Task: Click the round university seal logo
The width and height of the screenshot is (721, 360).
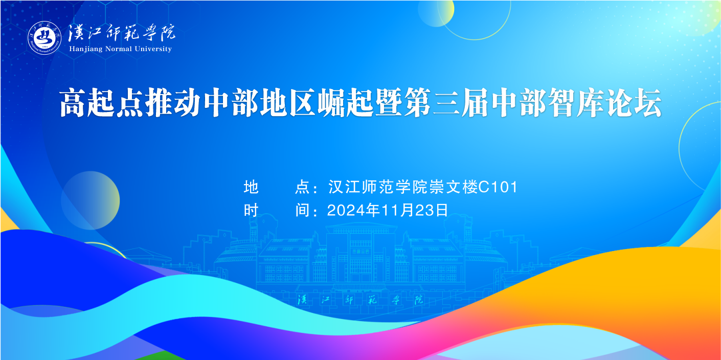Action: [44, 38]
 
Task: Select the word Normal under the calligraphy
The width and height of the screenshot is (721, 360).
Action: [119, 49]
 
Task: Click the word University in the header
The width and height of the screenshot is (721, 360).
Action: [153, 49]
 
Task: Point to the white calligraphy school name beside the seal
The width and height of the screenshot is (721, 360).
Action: [122, 33]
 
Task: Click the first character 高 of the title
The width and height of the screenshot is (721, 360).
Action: [73, 103]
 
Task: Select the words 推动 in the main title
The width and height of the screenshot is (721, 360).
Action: [173, 103]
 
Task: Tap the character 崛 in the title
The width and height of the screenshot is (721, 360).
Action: [331, 103]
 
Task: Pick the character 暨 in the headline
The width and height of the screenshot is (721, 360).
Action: [389, 103]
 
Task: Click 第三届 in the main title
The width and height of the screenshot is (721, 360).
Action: [446, 103]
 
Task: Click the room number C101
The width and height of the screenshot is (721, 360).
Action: [498, 187]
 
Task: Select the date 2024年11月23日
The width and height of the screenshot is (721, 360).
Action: [388, 210]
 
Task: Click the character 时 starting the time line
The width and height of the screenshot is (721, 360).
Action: [251, 210]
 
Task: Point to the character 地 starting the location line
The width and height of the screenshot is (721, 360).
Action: [251, 187]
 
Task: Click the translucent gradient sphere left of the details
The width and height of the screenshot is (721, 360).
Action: [91, 200]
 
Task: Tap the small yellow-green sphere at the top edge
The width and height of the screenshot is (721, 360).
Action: [436, 12]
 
